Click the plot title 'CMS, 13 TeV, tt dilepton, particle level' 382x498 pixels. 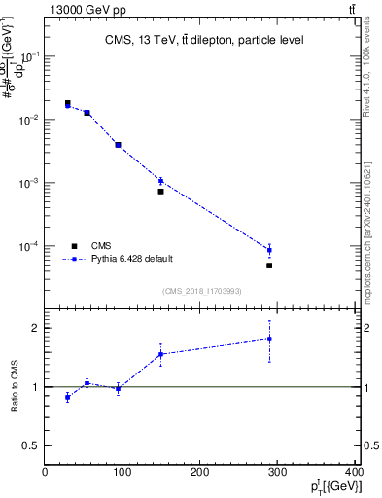204,40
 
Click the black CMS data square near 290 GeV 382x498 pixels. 269,266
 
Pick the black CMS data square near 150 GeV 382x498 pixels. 160,191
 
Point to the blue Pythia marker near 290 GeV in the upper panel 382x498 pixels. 269,250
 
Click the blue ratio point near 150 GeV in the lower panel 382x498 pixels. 160,354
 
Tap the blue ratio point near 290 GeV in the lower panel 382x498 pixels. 269,338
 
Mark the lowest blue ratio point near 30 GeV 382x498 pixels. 67,397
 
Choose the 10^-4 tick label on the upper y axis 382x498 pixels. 30,246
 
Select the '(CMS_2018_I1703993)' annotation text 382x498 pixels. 202,290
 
